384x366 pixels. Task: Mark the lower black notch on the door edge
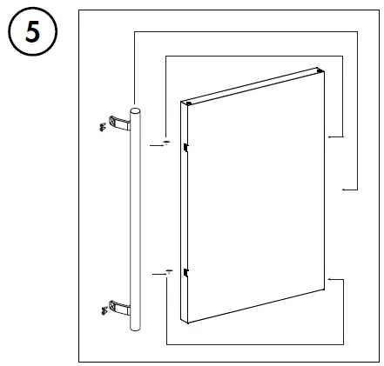tap(186, 276)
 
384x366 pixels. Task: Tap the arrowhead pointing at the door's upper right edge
tap(329, 136)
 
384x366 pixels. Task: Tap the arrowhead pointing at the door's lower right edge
tap(329, 278)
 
